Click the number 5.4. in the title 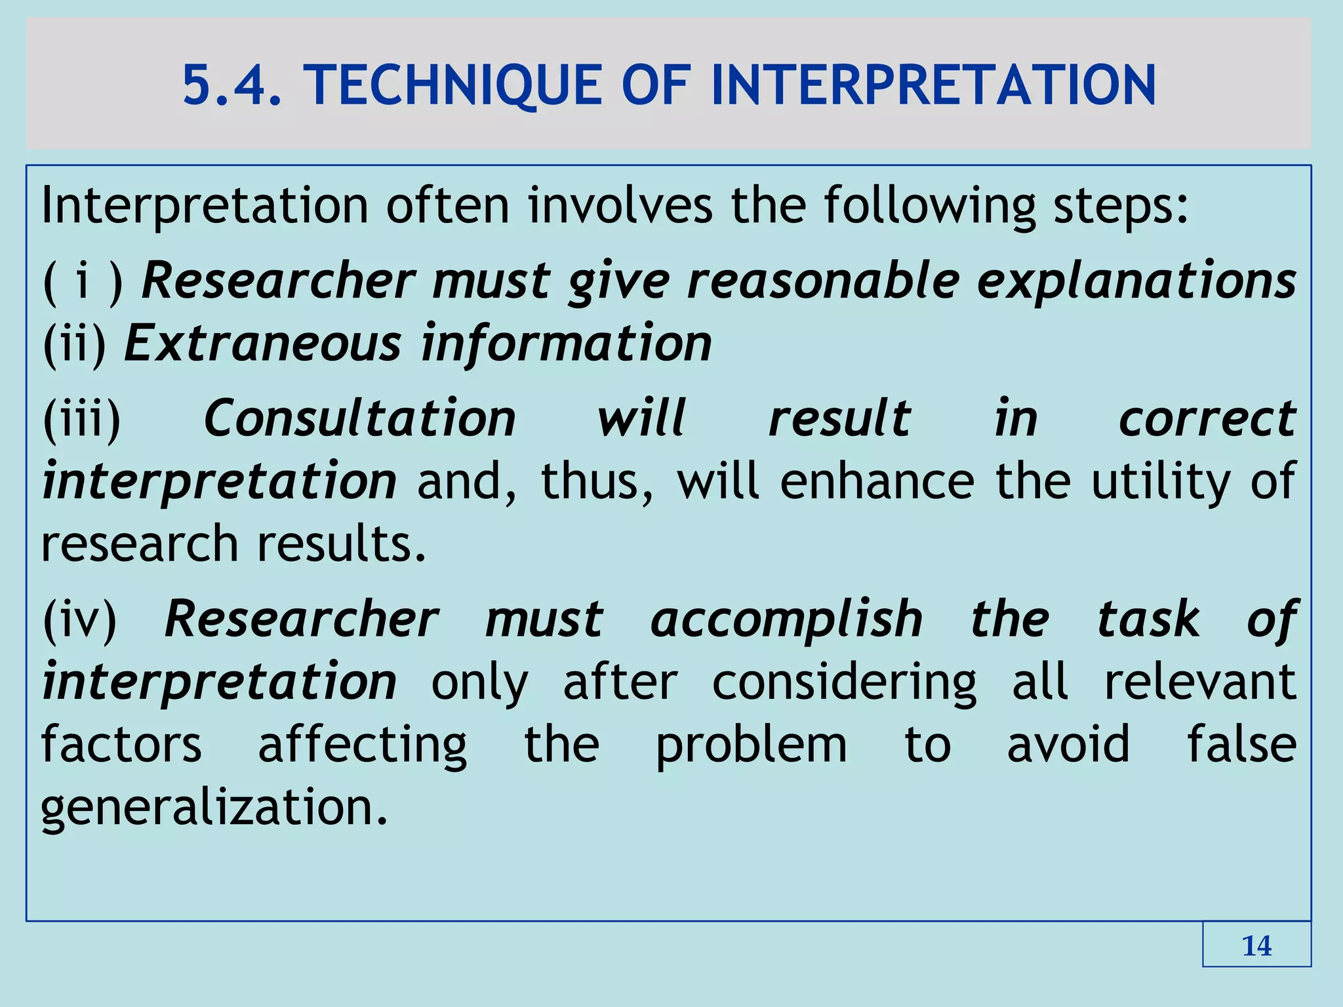[x=232, y=85]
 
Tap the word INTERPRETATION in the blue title [x=934, y=85]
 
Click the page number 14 [x=1256, y=946]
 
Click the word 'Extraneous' [x=262, y=344]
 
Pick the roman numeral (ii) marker [x=74, y=344]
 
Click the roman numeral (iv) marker [x=79, y=619]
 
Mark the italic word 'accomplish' [x=786, y=619]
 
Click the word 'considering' [x=844, y=682]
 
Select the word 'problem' [x=752, y=745]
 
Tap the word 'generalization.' [x=214, y=807]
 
